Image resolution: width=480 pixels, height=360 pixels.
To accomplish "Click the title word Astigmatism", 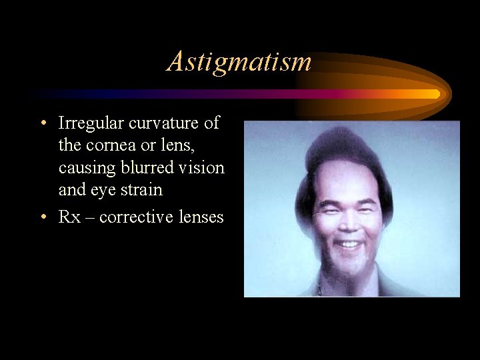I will pos(239,61).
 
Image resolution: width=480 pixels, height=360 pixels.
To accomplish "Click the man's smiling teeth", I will pos(349,244).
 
